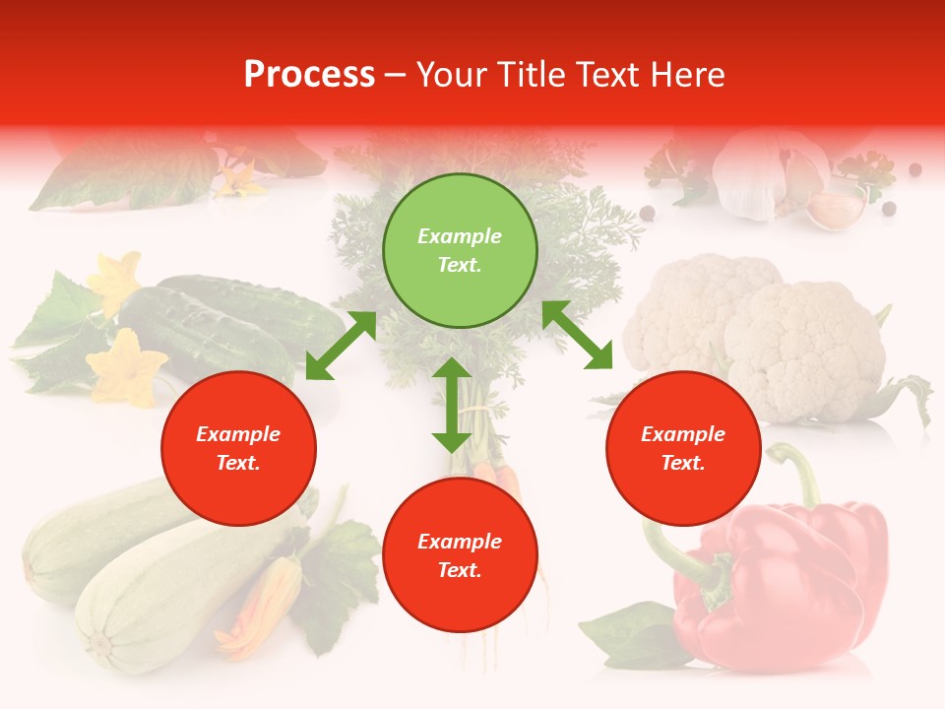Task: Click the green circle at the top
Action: [x=460, y=251]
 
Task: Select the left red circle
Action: [x=238, y=449]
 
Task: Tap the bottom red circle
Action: [x=460, y=555]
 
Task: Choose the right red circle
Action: [x=683, y=449]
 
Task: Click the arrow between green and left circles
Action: [x=341, y=346]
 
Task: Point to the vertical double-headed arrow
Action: [x=452, y=405]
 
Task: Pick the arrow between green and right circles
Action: [x=577, y=336]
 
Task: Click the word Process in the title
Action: [x=309, y=75]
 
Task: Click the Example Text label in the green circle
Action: [x=460, y=250]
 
